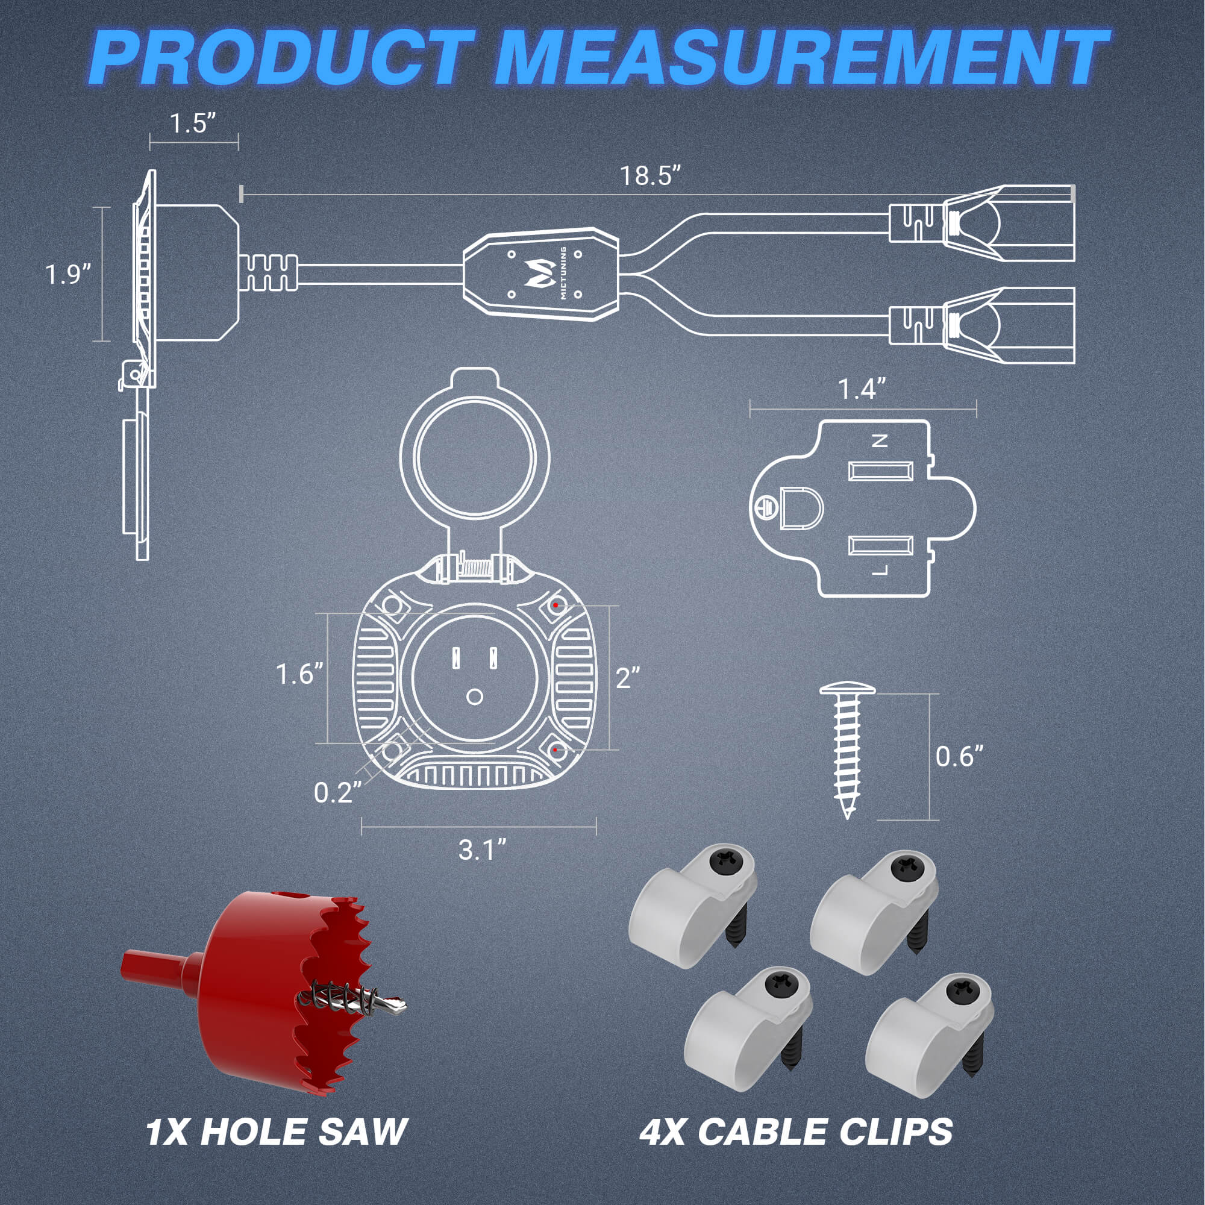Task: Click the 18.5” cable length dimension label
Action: click(x=649, y=176)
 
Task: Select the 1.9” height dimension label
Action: click(x=68, y=274)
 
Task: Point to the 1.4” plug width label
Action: click(x=862, y=389)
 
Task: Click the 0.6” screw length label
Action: click(x=959, y=757)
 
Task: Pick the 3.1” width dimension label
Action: click(x=482, y=850)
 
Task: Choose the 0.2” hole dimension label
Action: click(x=337, y=793)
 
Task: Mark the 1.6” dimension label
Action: click(x=299, y=674)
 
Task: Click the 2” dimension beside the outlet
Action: click(x=627, y=678)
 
